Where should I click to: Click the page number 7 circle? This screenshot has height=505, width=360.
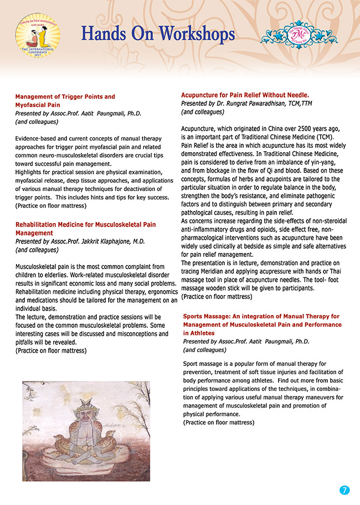point(344,490)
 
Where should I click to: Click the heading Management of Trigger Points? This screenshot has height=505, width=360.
point(65,97)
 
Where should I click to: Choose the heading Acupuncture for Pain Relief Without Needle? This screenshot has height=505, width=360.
point(245,95)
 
